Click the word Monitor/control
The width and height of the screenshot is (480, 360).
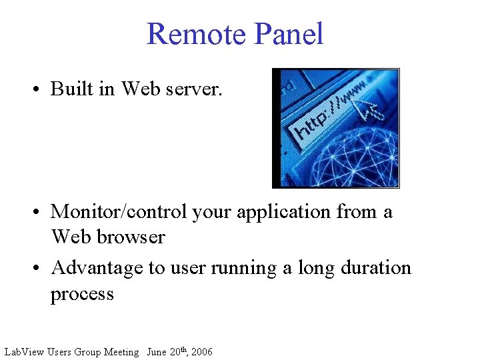(119, 212)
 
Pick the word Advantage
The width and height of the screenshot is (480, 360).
(97, 268)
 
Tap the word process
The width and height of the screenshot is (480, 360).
(82, 294)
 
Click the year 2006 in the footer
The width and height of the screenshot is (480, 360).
(201, 352)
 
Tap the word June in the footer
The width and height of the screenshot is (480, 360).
(157, 352)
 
